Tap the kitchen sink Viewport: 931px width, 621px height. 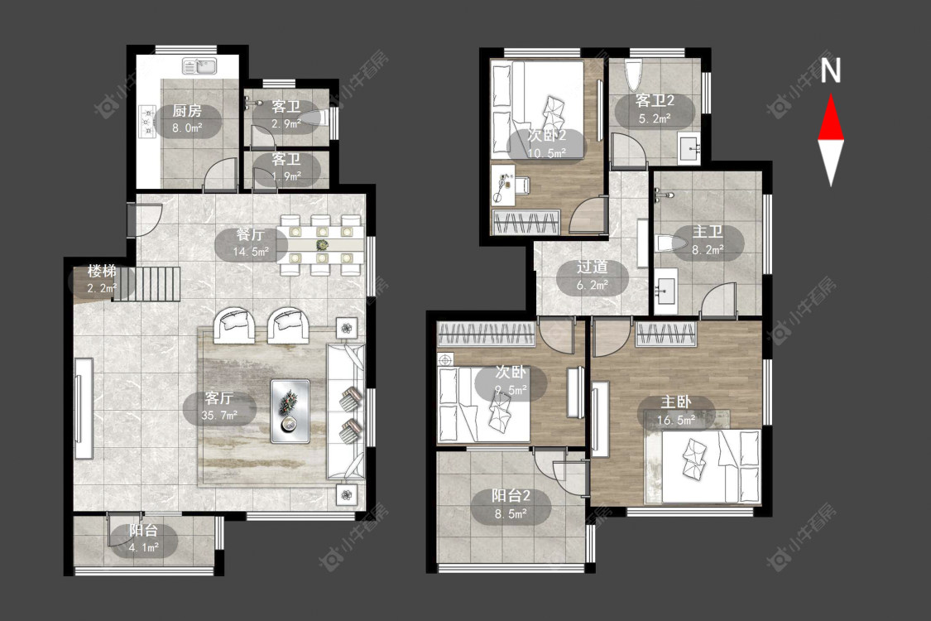click(x=200, y=66)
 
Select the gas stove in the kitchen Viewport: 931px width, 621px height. click(x=146, y=121)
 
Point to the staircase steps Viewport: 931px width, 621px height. click(x=146, y=284)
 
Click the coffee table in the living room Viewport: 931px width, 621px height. click(x=290, y=412)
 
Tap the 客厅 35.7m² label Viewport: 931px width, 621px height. click(x=219, y=407)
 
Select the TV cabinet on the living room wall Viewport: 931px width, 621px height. click(x=83, y=408)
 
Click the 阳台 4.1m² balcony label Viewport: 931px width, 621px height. click(x=144, y=538)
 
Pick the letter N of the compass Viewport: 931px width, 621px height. click(x=831, y=70)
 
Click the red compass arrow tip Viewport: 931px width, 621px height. click(x=831, y=95)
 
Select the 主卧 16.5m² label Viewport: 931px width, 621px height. click(x=676, y=412)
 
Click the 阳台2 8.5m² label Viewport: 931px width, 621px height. click(x=511, y=504)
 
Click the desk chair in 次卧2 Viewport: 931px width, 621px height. click(x=521, y=185)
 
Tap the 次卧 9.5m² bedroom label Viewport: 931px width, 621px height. click(x=511, y=381)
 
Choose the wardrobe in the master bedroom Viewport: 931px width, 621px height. click(x=665, y=334)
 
